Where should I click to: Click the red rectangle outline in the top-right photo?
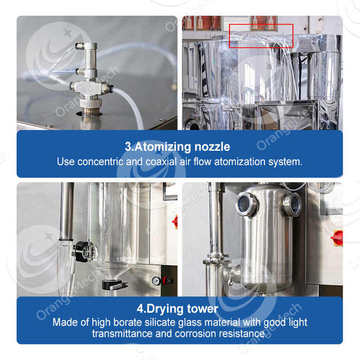261,35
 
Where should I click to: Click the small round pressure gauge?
156,280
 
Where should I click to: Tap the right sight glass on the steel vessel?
292,204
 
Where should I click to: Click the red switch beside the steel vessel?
338,237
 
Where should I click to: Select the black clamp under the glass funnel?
114,285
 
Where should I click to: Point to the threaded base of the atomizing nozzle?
90,103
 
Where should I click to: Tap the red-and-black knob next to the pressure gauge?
167,280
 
